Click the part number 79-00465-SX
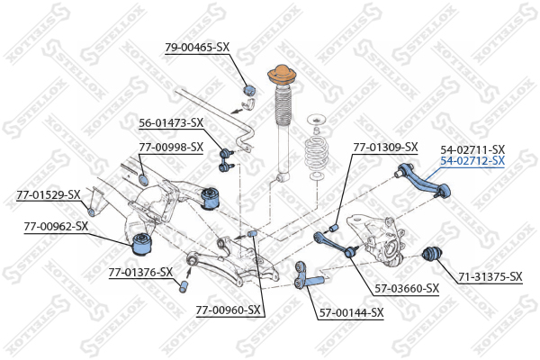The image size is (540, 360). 197,47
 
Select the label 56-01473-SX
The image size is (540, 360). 171,122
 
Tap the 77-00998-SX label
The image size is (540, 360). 171,147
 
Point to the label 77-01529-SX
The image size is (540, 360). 49,194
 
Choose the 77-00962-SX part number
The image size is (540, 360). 56,226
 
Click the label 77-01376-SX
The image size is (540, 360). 140,273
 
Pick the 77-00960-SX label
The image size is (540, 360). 228,310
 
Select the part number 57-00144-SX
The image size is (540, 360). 351,313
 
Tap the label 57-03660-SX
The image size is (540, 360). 407,288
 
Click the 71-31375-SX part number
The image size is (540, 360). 490,276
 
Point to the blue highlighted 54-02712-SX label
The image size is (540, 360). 472,160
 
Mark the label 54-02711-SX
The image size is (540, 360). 472,149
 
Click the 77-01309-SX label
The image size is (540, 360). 385,147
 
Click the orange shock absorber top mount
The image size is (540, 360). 282,75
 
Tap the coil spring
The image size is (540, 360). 316,154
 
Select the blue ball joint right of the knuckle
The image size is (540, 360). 432,254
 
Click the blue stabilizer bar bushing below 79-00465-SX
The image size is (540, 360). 249,90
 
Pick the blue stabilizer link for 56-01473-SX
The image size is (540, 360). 226,159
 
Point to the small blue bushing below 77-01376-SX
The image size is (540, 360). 184,286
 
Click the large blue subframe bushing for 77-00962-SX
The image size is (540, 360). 142,243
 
